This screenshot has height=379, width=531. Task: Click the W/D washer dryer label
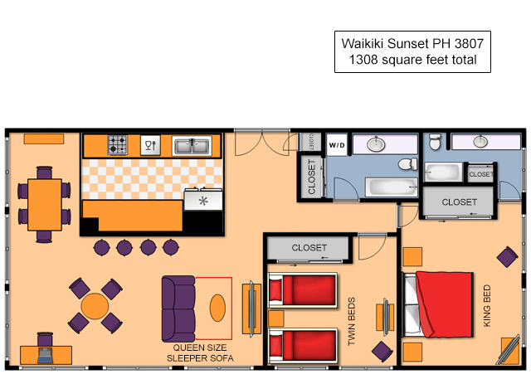point(337,145)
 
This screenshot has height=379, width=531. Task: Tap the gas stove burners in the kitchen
point(118,145)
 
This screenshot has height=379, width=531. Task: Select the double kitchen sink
point(192,146)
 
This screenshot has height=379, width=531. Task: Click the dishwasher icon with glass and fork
point(150,145)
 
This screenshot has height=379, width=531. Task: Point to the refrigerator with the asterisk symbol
point(203,201)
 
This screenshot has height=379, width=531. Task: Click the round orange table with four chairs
point(95,306)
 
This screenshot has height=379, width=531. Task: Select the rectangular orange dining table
point(45,205)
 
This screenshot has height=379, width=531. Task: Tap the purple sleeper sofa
point(178,309)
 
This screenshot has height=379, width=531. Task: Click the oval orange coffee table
point(217,308)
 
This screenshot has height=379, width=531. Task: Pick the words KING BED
point(487,306)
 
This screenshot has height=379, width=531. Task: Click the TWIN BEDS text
point(352,322)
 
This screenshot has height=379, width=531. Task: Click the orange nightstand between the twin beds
point(276,318)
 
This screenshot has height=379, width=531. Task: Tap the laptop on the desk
point(45,355)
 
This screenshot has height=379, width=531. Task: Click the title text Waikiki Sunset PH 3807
point(412,44)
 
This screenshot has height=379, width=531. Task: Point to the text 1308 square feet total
point(413,60)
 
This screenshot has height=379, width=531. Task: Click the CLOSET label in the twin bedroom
point(309,248)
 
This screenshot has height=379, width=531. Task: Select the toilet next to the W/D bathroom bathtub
point(408,164)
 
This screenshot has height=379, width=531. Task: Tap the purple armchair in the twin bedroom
point(382,352)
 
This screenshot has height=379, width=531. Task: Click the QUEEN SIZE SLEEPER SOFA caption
point(200,353)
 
